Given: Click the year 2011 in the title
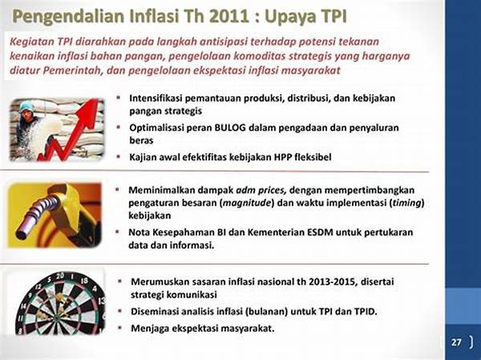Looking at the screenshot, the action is pyautogui.click(x=228, y=16).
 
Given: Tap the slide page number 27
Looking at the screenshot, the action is pyautogui.click(x=456, y=342).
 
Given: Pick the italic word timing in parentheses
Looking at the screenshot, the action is pyautogui.click(x=406, y=203).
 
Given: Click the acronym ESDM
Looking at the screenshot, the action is pyautogui.click(x=320, y=232).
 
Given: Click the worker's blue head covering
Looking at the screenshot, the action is pyautogui.click(x=27, y=107).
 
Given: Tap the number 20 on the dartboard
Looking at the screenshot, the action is pyautogui.click(x=59, y=275).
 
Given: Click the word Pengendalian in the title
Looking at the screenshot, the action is pyautogui.click(x=68, y=17).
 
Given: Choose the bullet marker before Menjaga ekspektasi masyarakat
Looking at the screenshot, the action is pyautogui.click(x=120, y=328).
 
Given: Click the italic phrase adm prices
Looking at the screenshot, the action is pyautogui.click(x=261, y=190).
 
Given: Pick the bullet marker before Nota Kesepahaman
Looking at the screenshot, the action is pyautogui.click(x=117, y=232).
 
